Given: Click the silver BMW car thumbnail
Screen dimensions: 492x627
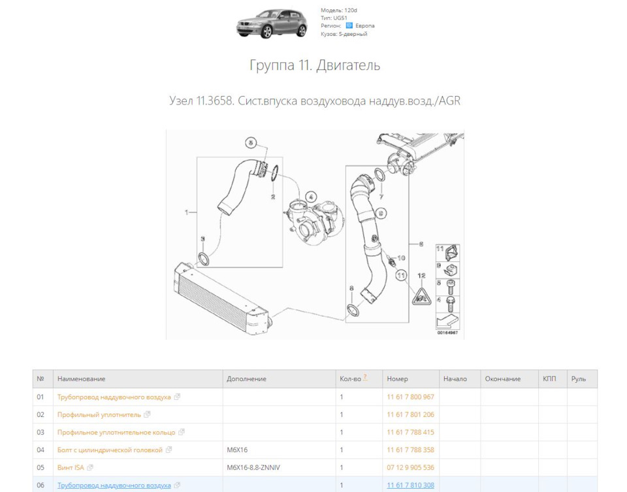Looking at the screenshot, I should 271,24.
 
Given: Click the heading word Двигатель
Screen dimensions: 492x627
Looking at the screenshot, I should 348,65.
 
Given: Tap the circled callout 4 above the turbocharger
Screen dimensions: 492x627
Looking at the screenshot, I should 311,195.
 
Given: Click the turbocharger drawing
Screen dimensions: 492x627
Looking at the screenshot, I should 316,219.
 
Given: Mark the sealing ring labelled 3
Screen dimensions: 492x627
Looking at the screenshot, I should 204,258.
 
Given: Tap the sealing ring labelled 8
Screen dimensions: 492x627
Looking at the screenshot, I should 353,308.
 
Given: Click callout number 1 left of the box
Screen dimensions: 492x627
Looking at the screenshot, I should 187,212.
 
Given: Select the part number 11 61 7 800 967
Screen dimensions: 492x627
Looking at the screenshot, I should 410,397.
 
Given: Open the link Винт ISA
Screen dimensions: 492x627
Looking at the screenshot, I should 71,467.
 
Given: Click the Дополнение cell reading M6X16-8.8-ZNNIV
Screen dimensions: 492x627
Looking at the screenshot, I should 253,467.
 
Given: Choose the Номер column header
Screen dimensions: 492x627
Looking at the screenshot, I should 397,379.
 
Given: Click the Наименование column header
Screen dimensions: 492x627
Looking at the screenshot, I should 81,379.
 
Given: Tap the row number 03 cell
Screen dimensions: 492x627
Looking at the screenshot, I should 40,432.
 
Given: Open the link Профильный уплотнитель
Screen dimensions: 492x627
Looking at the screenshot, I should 99,414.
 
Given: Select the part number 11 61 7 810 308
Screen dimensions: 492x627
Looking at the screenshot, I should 410,485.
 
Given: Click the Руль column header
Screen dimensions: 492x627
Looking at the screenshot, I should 578,379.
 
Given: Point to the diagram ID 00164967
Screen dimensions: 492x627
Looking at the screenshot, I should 447,333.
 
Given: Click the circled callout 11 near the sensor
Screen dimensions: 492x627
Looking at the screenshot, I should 400,276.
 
